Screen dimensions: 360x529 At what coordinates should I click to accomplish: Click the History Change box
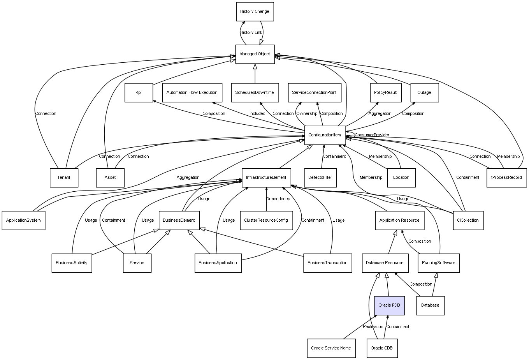point(255,12)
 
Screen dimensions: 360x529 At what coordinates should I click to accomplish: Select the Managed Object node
point(255,54)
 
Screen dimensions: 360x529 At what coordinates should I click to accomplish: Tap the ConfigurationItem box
point(325,135)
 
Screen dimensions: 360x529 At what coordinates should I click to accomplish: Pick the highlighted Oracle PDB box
point(389,305)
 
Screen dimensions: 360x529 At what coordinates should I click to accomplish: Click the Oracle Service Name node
point(331,348)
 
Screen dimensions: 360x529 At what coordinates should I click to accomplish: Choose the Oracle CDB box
point(381,348)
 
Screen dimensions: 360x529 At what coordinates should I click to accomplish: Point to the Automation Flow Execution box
point(192,93)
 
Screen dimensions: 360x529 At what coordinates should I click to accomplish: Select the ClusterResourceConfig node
point(266,221)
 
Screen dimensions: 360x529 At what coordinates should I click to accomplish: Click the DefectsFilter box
point(320,178)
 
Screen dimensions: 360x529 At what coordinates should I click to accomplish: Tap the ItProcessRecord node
point(506,178)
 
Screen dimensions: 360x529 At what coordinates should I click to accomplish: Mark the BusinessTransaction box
point(327,263)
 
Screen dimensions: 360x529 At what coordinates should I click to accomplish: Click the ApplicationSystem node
point(23,221)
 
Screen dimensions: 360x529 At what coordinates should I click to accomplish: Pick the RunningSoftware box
point(438,263)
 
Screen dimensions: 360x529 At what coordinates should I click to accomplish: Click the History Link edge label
point(251,33)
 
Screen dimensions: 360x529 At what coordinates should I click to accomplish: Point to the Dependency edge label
point(278,199)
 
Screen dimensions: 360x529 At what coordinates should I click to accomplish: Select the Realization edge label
point(373,327)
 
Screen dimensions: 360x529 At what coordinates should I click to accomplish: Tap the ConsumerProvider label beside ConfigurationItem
point(372,135)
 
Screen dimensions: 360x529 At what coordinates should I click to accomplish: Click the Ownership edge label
point(307,114)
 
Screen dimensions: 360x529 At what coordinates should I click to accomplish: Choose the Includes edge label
point(257,114)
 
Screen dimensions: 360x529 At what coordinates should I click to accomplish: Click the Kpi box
point(139,93)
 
